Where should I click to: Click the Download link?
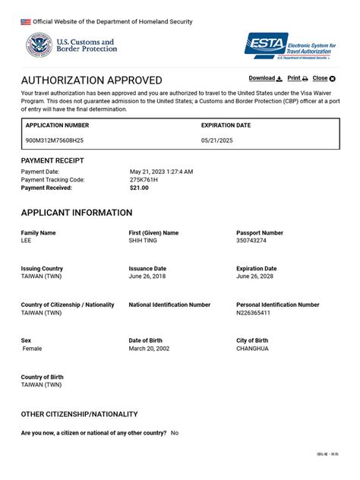tap(265, 78)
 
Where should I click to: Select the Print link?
tap(297, 78)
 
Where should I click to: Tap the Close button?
tap(324, 78)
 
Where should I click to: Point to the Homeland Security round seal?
tap(38, 46)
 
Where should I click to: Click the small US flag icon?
tap(26, 22)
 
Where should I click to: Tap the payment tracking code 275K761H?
tap(144, 180)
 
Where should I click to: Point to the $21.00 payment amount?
tap(139, 188)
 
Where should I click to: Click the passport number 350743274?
tap(251, 241)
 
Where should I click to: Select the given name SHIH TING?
tap(147, 241)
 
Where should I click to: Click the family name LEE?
tap(27, 241)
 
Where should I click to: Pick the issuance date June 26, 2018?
tap(147, 276)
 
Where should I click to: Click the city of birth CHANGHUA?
tap(252, 349)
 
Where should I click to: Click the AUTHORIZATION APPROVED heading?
tap(91, 81)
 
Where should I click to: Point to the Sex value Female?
tap(33, 349)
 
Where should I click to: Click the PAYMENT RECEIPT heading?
tap(52, 161)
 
